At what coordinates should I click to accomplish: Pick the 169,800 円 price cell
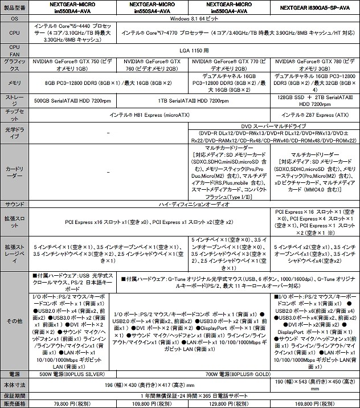pyautogui.click(x=315, y=403)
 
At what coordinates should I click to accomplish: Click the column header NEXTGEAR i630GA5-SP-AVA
pyautogui.click(x=315, y=7)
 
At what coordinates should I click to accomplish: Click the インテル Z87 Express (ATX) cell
pyautogui.click(x=315, y=114)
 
